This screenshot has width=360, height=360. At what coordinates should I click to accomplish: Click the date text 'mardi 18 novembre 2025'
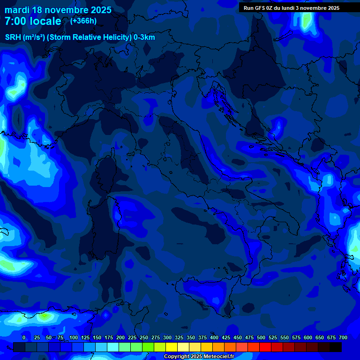58,10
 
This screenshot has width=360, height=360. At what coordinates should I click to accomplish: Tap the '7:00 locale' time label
33,21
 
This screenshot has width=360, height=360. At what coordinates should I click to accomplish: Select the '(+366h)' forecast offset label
83,21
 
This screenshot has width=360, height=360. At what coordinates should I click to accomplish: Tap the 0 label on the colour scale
24,337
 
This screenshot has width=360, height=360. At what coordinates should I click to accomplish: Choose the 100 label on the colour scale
74,337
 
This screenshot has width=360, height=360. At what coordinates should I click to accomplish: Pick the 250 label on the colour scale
144,337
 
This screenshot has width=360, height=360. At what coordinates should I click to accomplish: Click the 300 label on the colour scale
167,337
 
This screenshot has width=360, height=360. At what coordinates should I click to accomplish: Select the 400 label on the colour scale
214,337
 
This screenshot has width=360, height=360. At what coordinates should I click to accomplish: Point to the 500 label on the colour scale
261,337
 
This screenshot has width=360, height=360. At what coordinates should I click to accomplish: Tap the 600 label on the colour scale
308,337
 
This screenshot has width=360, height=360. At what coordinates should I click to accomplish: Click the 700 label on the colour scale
343,337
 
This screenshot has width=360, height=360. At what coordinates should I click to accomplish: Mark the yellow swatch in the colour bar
172,347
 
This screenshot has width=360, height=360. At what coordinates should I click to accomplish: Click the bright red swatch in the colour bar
265,347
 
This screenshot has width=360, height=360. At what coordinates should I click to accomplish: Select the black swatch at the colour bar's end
336,347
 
